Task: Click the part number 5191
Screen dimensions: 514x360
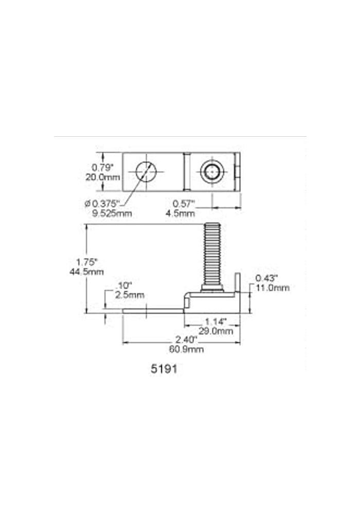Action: pyautogui.click(x=164, y=369)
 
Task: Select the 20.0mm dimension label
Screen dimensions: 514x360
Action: pyautogui.click(x=102, y=177)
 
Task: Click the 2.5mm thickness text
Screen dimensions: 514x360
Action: pyautogui.click(x=129, y=295)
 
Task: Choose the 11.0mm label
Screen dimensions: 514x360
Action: pyautogui.click(x=273, y=288)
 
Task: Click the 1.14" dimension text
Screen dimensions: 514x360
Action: pyautogui.click(x=212, y=322)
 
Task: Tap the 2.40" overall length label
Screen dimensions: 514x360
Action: pyautogui.click(x=183, y=340)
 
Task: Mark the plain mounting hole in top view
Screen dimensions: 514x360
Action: pyautogui.click(x=146, y=171)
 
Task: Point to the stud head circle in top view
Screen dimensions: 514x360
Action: pyautogui.click(x=211, y=172)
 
